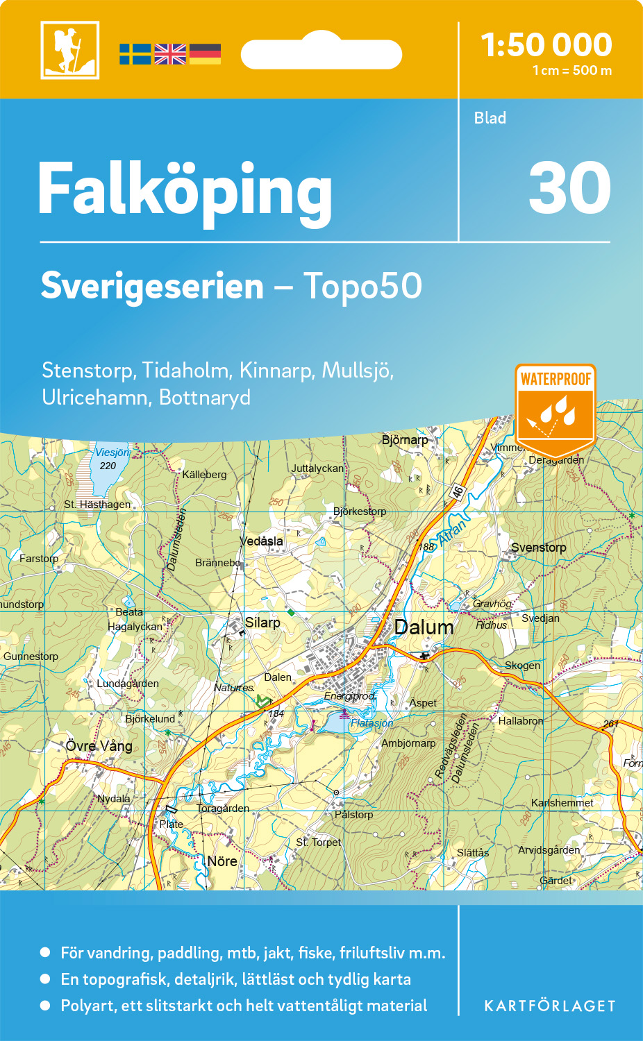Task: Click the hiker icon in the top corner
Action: click(x=69, y=50)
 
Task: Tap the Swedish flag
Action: click(x=135, y=54)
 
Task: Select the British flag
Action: click(x=170, y=54)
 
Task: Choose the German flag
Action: click(x=205, y=54)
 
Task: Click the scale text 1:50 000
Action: click(x=546, y=45)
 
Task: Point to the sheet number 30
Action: click(x=569, y=188)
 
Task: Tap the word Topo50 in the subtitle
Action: click(x=362, y=286)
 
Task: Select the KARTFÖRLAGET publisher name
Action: click(x=550, y=1006)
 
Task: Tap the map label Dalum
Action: click(x=424, y=627)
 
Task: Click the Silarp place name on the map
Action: click(x=262, y=623)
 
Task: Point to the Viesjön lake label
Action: click(x=112, y=452)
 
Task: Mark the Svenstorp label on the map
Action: click(x=538, y=548)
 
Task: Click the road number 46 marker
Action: click(x=457, y=492)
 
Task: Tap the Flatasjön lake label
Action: click(x=371, y=723)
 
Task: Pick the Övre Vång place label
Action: click(x=99, y=746)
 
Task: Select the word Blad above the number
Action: click(x=490, y=118)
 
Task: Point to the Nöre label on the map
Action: click(x=222, y=861)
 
